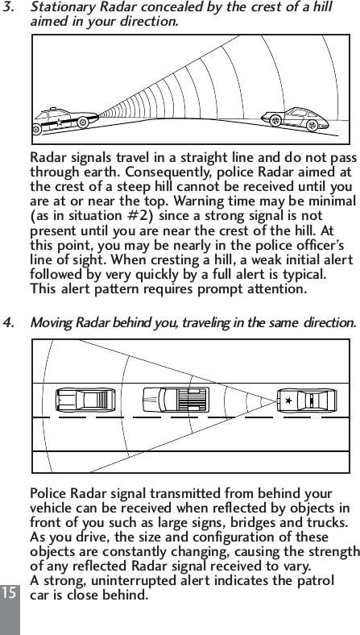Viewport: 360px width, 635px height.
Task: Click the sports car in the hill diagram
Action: [x=292, y=118]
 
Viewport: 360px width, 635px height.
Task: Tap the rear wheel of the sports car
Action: [x=275, y=122]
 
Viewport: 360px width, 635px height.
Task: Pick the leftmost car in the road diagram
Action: [x=84, y=399]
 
